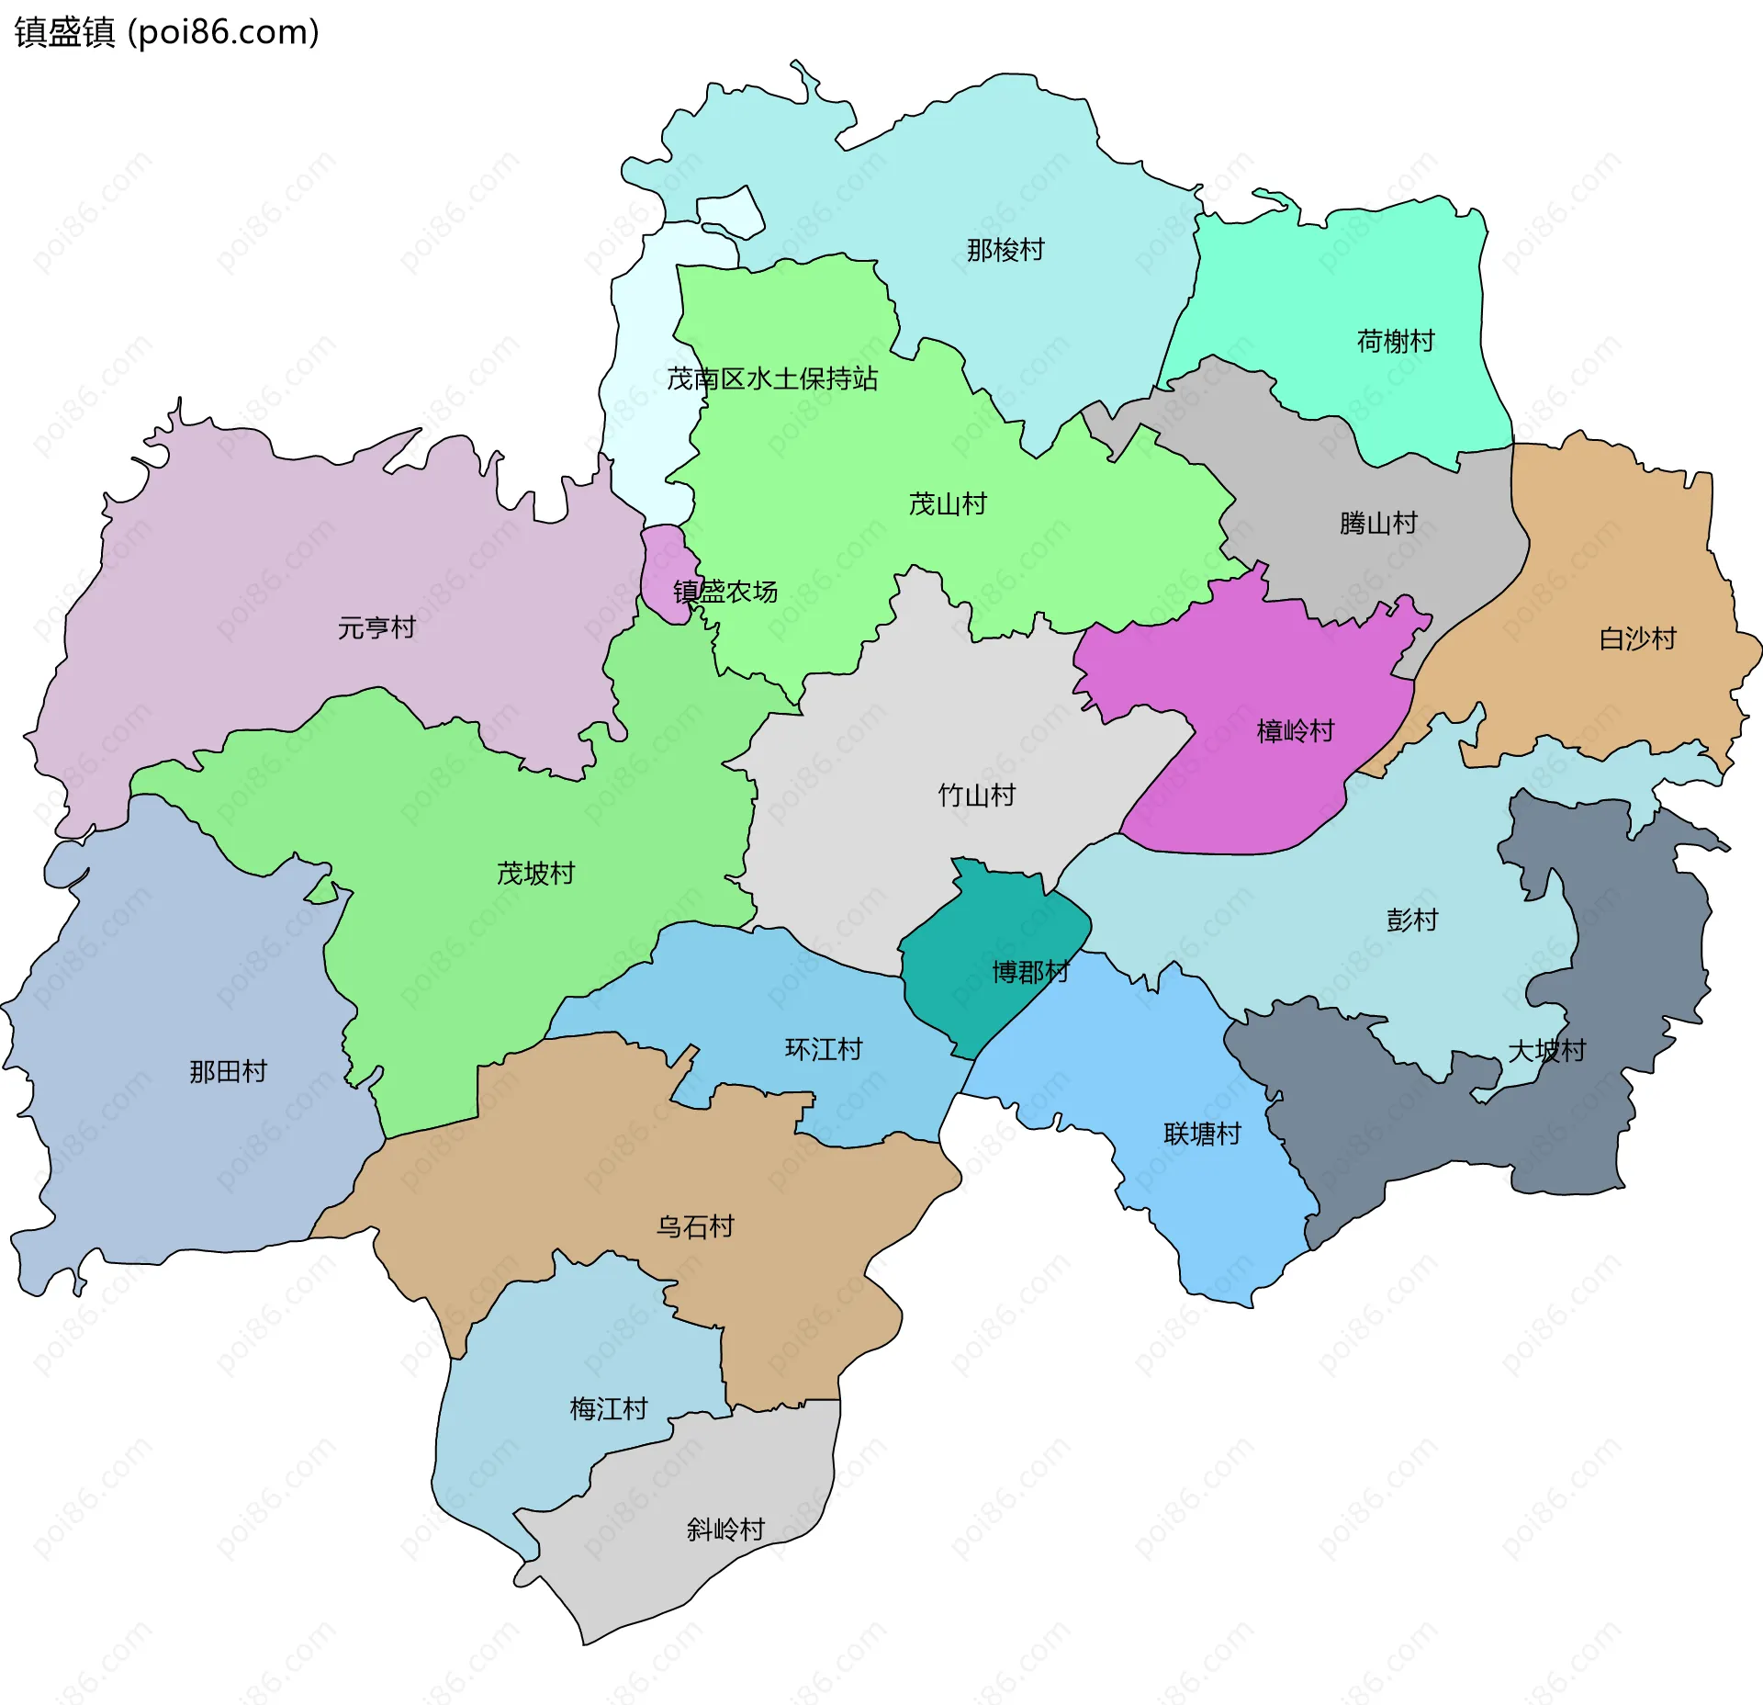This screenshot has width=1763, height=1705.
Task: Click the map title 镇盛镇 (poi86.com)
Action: [x=167, y=33]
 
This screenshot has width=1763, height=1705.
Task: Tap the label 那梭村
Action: [x=1005, y=250]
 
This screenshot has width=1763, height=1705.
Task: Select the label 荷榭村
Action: [x=1396, y=342]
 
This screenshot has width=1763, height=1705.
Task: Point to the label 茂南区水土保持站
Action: [x=772, y=378]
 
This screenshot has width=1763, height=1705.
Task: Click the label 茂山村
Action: [x=948, y=504]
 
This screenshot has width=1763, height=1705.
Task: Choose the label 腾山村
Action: [x=1378, y=524]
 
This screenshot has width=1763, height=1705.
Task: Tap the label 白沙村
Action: [x=1637, y=638]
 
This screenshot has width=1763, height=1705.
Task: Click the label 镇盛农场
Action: [x=725, y=592]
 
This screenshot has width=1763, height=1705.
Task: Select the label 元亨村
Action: [x=376, y=628]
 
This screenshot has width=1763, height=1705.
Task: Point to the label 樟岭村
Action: [x=1295, y=731]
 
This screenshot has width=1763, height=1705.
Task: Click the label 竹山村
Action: [x=976, y=796]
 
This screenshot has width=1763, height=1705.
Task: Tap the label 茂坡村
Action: [x=535, y=874]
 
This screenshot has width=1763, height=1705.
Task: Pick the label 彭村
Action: [x=1411, y=920]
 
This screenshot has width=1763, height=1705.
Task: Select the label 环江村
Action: [x=824, y=1049]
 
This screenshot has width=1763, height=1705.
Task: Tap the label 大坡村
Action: [x=1546, y=1051]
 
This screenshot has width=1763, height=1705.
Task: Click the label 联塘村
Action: [x=1202, y=1134]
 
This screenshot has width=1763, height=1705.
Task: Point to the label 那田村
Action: [x=228, y=1071]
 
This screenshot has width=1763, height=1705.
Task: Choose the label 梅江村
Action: [x=608, y=1409]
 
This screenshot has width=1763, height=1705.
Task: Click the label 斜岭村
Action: [x=725, y=1530]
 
